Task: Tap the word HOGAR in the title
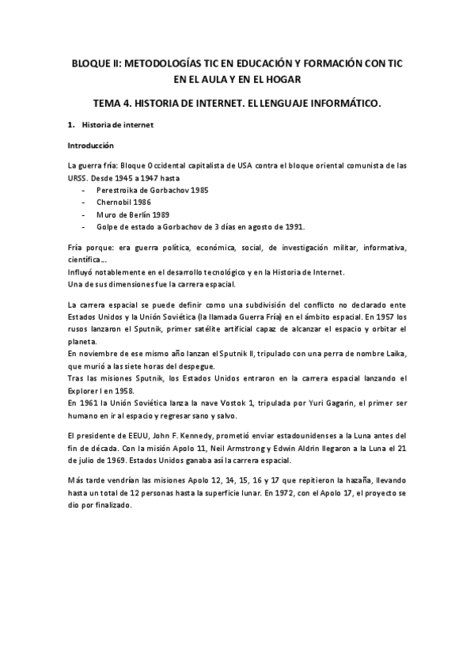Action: (x=283, y=79)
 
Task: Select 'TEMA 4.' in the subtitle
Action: (x=113, y=103)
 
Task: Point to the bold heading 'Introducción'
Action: (x=91, y=146)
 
